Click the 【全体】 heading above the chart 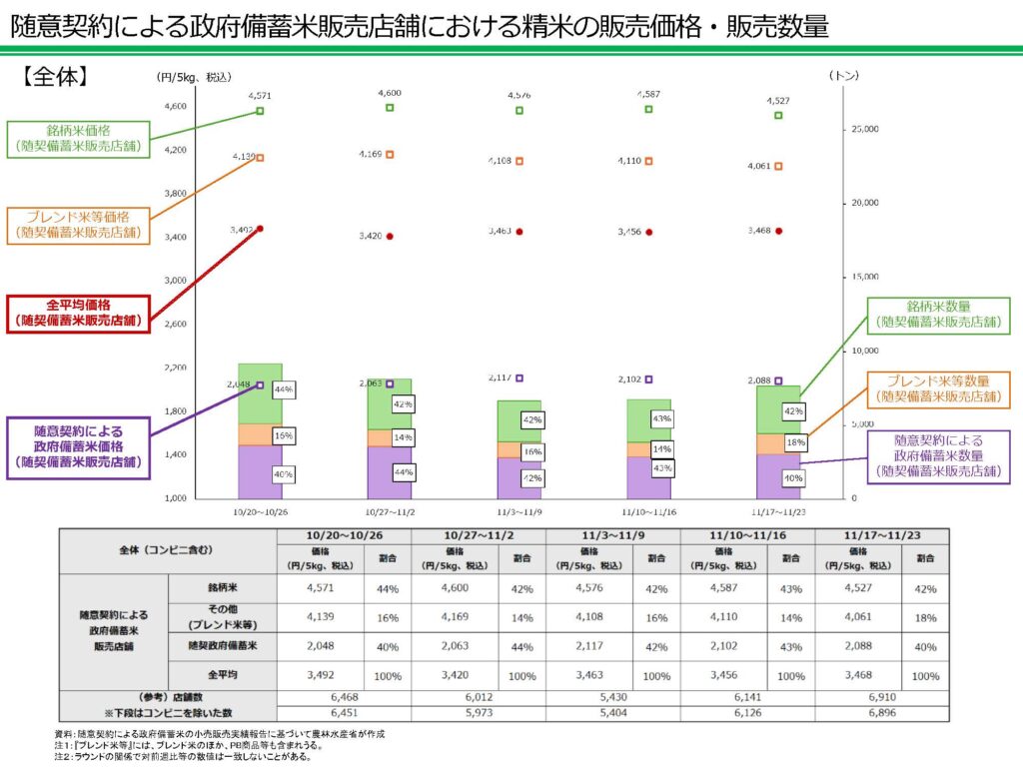tap(56, 76)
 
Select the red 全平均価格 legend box tap(78, 313)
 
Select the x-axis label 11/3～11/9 tap(518, 510)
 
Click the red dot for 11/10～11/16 tap(649, 232)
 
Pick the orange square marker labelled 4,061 tap(778, 167)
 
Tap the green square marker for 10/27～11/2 tap(390, 108)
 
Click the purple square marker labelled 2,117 tap(519, 379)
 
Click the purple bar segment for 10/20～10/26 tap(260, 471)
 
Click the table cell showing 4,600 tap(456, 588)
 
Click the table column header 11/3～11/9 tap(612, 535)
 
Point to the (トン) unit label tap(843, 75)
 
